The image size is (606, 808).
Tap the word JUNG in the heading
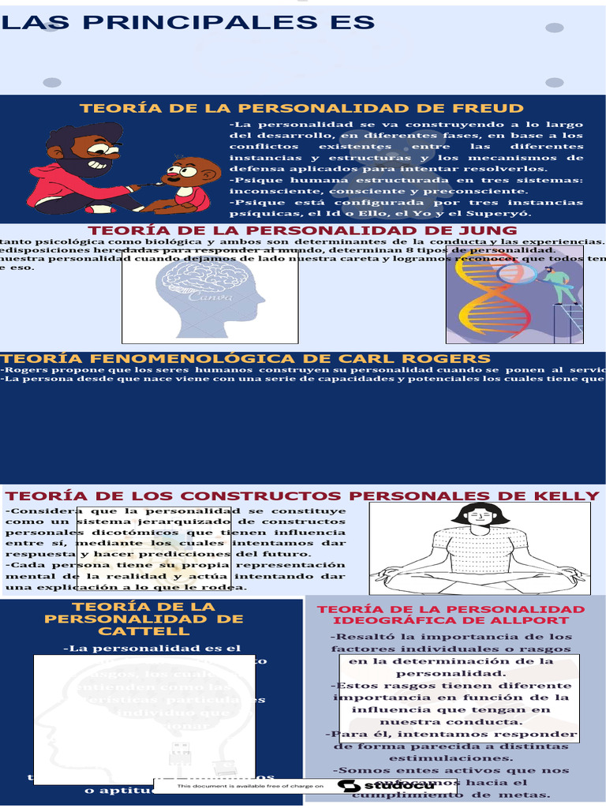tap(490, 230)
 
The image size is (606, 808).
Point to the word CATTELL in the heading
tap(144, 631)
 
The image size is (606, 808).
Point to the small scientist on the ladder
tap(561, 285)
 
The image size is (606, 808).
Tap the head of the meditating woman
tap(481, 518)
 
